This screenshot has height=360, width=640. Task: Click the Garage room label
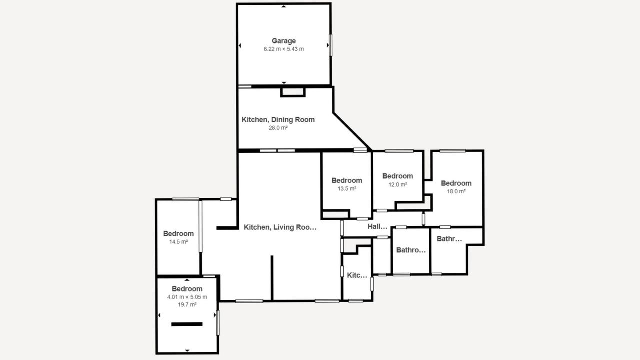coord(283,41)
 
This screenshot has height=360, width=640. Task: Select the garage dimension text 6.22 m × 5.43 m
coord(283,49)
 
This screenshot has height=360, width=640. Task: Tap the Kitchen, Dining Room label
coord(278,119)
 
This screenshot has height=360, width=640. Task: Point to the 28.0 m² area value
coord(278,128)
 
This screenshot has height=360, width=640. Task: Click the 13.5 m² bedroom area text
coord(347,189)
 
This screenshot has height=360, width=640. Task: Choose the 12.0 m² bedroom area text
coord(397,185)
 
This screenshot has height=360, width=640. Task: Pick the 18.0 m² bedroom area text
coord(456,191)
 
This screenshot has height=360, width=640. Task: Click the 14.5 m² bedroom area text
coord(178,242)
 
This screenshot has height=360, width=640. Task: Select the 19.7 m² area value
coord(187,305)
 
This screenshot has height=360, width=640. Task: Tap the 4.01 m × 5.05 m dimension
coord(187,297)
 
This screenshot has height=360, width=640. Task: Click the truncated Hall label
coord(377,227)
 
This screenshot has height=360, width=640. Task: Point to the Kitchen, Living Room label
coord(280,227)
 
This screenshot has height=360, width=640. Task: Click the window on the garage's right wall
coord(331,45)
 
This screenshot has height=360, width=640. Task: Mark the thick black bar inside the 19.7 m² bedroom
coord(187,324)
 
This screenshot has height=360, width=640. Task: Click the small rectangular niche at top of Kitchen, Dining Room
coord(293,92)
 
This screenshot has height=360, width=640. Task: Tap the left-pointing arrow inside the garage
coord(240,45)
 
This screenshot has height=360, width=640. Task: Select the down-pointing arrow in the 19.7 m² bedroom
coord(187,350)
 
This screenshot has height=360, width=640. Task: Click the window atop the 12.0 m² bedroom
coord(399,151)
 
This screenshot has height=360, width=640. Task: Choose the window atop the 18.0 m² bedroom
coord(452,151)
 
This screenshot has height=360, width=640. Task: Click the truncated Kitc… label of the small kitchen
coord(357,275)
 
